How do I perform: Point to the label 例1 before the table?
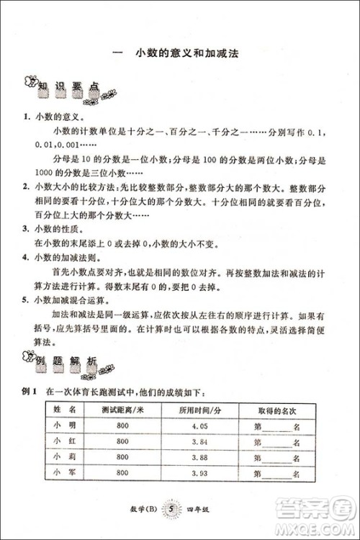(x=30, y=392)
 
